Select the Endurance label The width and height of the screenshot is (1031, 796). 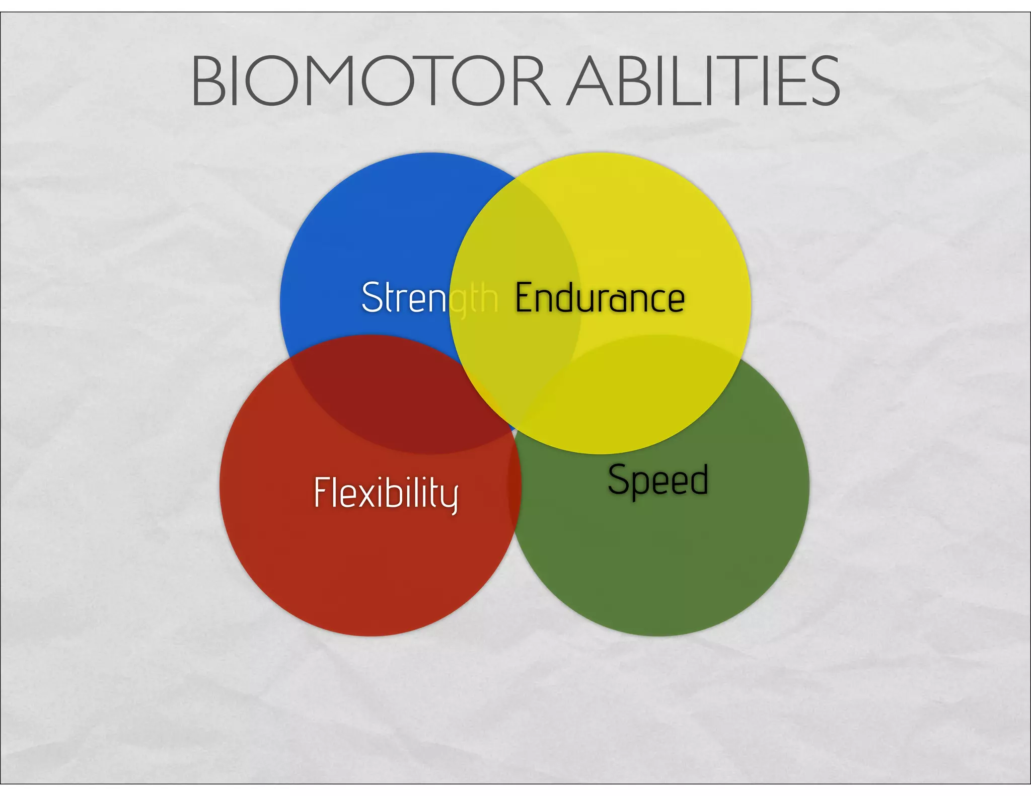coord(600,298)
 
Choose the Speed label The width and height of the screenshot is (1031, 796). coord(657,481)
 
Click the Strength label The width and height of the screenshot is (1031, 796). coord(429,298)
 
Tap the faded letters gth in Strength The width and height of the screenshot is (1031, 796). coord(473,299)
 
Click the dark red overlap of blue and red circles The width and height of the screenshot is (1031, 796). coord(403,397)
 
